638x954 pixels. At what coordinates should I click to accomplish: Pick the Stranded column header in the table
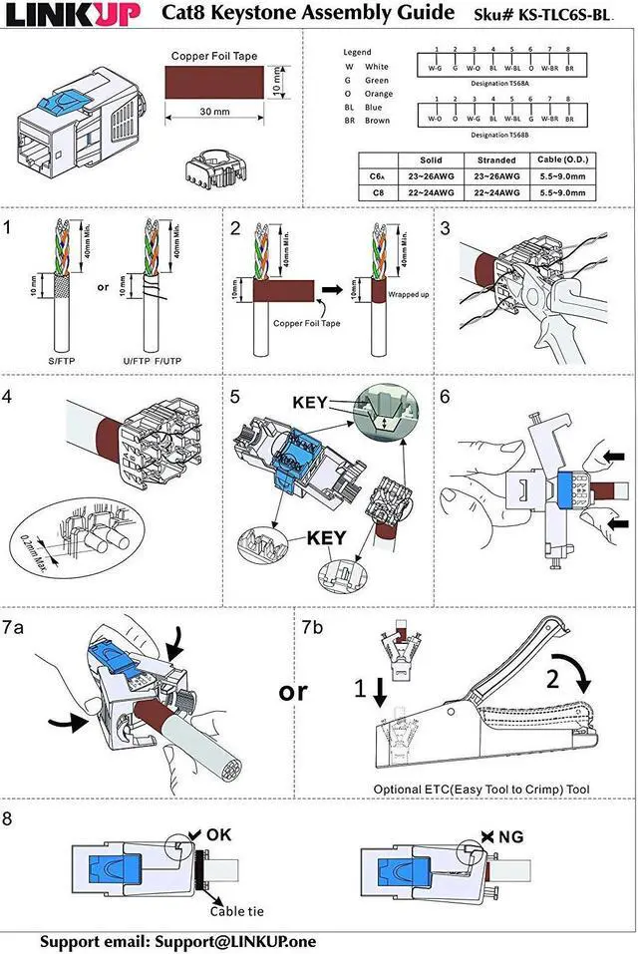(496, 159)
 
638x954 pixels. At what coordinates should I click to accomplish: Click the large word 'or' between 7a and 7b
(293, 690)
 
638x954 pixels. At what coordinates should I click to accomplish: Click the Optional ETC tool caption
(480, 789)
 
